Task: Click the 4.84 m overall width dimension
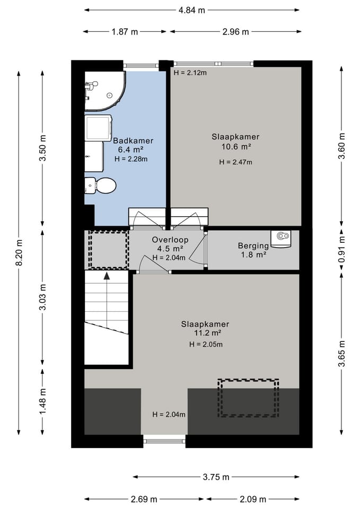tap(191, 10)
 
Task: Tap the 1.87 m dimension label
tap(125, 32)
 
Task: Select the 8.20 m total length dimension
tap(19, 252)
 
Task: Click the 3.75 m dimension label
tap(216, 477)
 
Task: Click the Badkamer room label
tap(133, 141)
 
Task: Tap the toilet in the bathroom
tap(100, 186)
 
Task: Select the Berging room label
tap(253, 245)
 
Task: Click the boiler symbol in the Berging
tap(281, 239)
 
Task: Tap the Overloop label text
tap(170, 240)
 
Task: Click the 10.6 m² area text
tap(236, 147)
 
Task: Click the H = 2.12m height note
tap(190, 73)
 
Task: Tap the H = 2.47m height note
tap(235, 162)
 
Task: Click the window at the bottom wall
tap(164, 441)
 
